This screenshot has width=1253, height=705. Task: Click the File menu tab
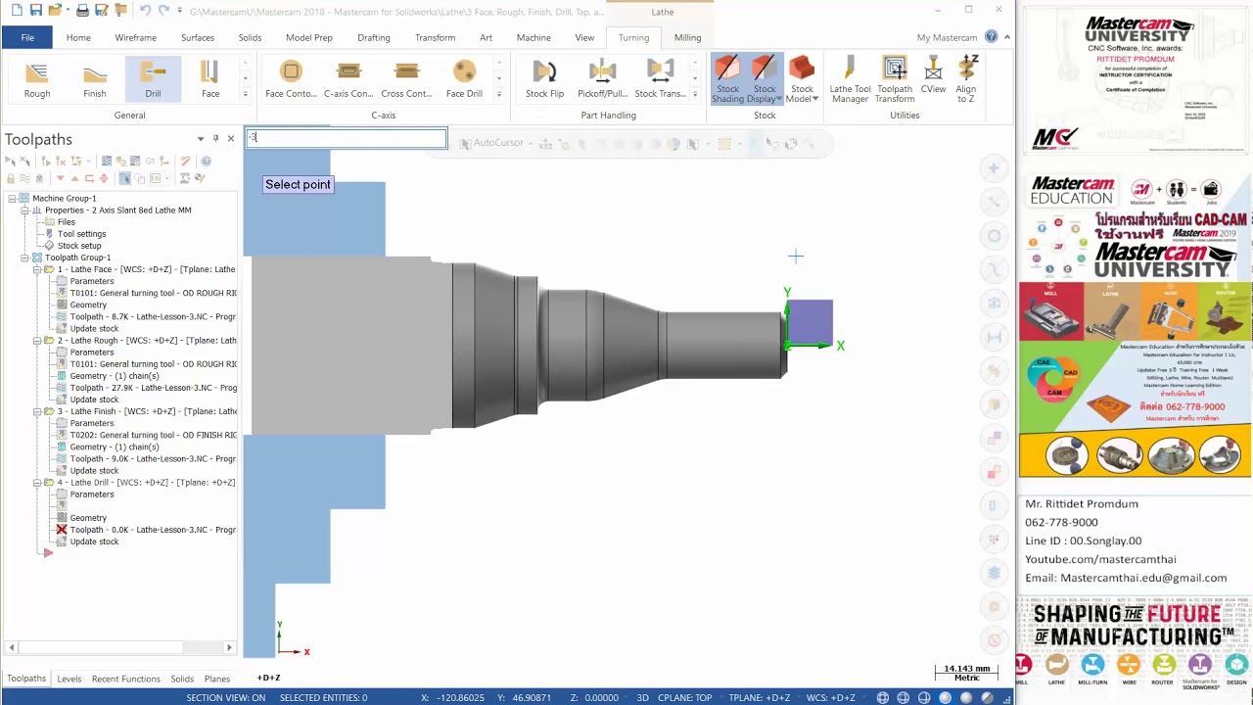(27, 37)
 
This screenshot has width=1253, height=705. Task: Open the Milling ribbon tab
(687, 37)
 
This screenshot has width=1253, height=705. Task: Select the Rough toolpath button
(37, 78)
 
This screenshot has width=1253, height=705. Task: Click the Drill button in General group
(153, 78)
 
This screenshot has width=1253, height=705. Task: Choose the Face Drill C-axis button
(464, 78)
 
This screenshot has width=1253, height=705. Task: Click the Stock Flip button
(544, 78)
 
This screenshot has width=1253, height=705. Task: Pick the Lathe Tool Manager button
(850, 78)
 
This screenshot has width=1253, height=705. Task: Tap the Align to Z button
(966, 78)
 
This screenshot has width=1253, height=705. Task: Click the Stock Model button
(802, 78)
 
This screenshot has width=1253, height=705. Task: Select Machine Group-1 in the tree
(65, 199)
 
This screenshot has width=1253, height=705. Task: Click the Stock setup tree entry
(79, 246)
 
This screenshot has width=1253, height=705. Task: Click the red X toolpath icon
(62, 530)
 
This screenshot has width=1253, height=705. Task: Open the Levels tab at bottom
(70, 679)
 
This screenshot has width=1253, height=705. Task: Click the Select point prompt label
(298, 184)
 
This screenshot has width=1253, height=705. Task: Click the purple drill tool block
(810, 322)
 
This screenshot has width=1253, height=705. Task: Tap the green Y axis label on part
(787, 293)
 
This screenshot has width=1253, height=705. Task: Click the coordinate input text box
(347, 138)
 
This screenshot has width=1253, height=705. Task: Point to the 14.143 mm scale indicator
(965, 672)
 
